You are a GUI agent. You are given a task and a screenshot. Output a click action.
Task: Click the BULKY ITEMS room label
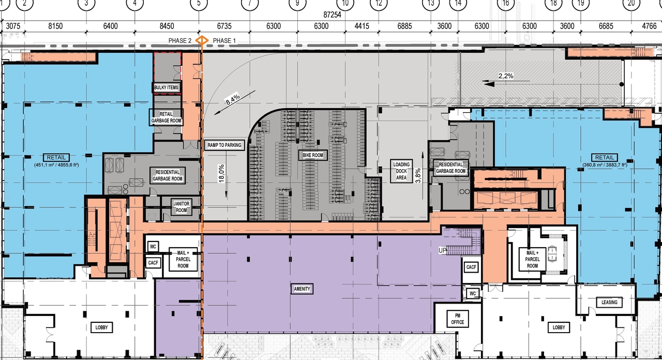pyautogui.click(x=166, y=87)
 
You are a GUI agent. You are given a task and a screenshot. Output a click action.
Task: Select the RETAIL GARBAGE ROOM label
pyautogui.click(x=166, y=117)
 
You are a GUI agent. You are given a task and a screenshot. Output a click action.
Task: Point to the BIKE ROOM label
pyautogui.click(x=313, y=155)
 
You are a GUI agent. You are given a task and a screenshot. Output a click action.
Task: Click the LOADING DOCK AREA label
pyautogui.click(x=401, y=171)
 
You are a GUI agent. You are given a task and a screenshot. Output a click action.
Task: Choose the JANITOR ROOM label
pyautogui.click(x=181, y=207)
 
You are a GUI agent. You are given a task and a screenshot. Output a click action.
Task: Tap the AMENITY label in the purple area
pyautogui.click(x=302, y=289)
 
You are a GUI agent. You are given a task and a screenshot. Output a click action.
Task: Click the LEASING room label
pyautogui.click(x=609, y=302)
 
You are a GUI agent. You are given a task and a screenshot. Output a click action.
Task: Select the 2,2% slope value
pyautogui.click(x=505, y=76)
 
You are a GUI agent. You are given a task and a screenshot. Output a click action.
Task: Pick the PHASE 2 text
pyautogui.click(x=180, y=41)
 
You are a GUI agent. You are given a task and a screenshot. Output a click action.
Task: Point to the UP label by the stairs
pyautogui.click(x=442, y=250)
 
